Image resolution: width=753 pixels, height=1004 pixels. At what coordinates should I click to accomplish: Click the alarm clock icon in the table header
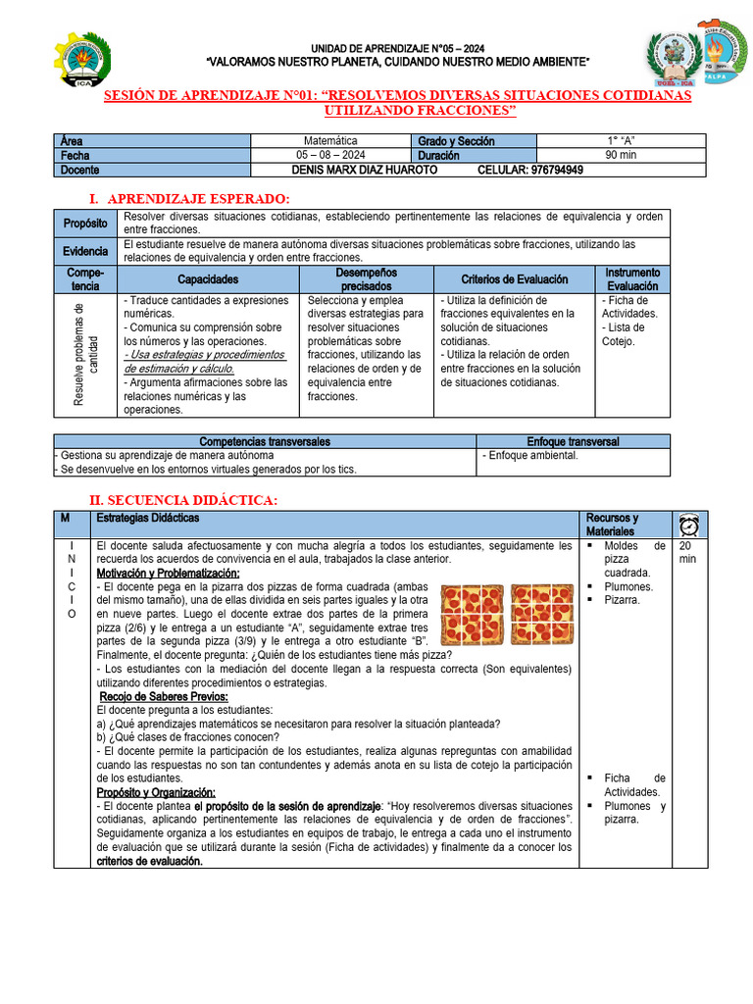coord(688,524)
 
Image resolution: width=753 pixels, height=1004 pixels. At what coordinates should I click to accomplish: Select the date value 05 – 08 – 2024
coord(330,155)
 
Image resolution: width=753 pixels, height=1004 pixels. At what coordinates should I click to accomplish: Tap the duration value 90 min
coord(622,155)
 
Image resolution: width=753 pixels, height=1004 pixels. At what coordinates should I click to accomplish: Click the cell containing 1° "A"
coord(622,141)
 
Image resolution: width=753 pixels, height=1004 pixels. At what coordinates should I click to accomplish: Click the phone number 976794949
coord(557,170)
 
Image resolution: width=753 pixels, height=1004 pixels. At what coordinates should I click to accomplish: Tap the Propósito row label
coord(85,223)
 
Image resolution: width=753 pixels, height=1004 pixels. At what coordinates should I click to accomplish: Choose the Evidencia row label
coord(85,251)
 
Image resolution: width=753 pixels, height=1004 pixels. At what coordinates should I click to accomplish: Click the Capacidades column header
coord(208,279)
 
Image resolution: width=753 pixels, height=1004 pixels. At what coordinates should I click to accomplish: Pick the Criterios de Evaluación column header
coord(514,279)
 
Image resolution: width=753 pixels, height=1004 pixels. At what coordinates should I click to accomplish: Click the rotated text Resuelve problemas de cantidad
coord(85,355)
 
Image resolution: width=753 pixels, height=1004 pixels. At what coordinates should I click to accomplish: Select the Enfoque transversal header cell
coord(573,442)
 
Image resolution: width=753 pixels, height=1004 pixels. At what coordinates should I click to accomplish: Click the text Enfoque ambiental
coord(530,456)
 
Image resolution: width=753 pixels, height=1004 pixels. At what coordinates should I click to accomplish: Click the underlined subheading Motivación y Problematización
coord(168,573)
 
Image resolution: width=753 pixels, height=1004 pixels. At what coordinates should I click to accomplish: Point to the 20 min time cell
coord(688,552)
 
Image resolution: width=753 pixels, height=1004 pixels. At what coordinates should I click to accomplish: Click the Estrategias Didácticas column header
coord(147,518)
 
